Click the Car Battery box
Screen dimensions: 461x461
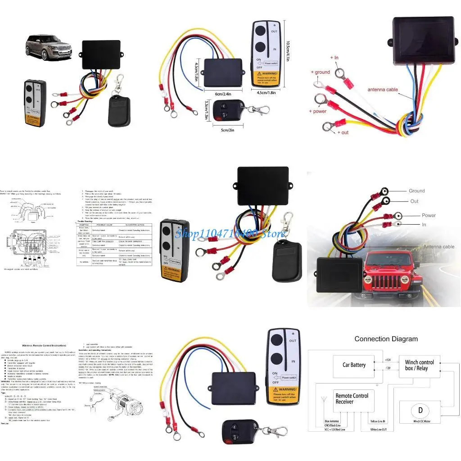(354, 365)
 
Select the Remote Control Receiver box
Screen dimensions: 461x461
(352, 399)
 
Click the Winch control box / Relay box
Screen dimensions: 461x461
(419, 365)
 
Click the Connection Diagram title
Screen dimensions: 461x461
(386, 339)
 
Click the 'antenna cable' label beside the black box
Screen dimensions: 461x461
(383, 90)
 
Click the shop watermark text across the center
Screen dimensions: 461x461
(230, 233)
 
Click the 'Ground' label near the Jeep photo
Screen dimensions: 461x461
(416, 191)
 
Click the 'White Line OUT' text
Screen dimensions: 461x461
(381, 429)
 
